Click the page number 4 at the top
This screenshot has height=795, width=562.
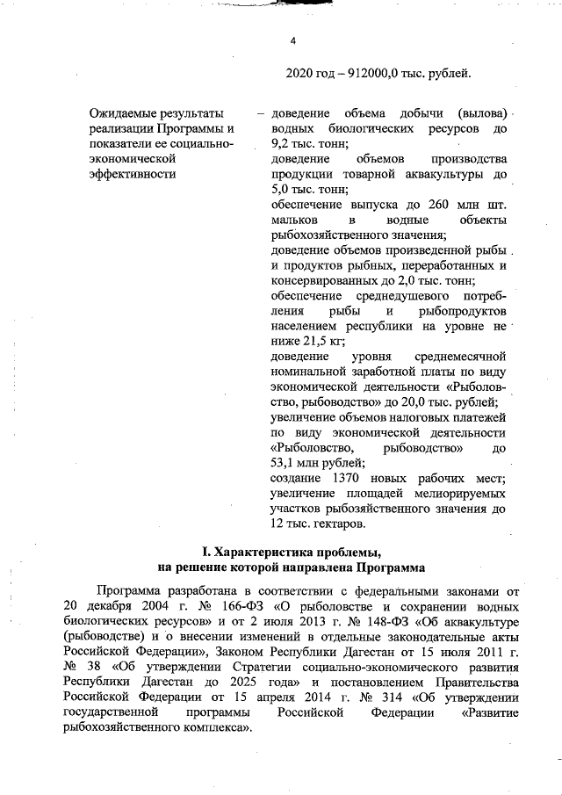pos(294,40)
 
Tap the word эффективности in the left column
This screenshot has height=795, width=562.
pos(133,173)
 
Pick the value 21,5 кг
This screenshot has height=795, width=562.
pos(321,342)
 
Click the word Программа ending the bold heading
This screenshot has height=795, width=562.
pos(391,567)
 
